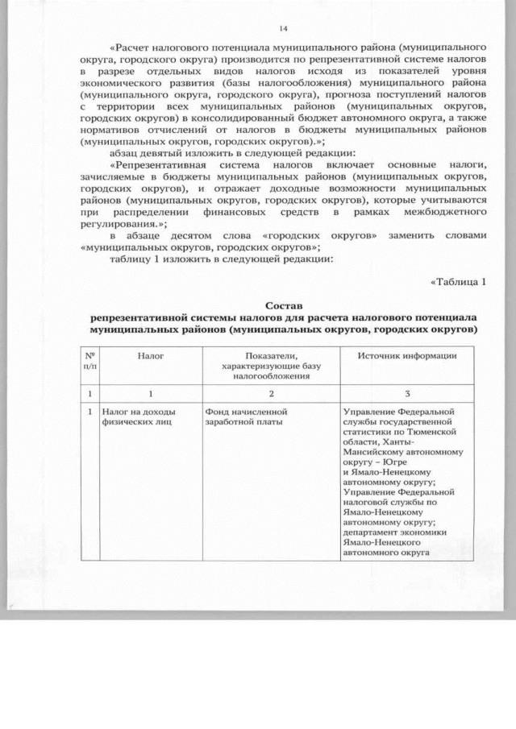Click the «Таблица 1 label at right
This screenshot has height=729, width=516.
(459, 281)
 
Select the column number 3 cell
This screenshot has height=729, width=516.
(407, 392)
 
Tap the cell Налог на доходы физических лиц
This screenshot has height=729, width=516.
(138, 416)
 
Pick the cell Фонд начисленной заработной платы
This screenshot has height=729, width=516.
(246, 416)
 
